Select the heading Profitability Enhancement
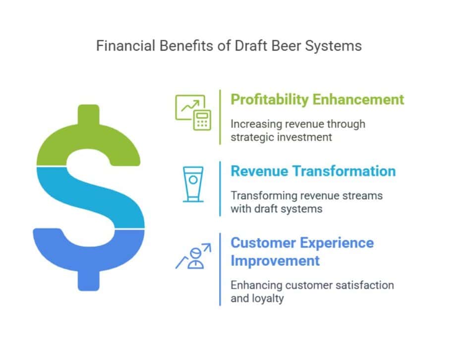click(317, 99)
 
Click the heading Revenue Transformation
click(313, 171)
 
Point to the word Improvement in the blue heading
click(275, 260)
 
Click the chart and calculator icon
click(193, 112)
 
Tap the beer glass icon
click(192, 184)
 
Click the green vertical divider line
click(220, 117)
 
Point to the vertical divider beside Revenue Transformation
click(220, 189)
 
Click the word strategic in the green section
click(252, 137)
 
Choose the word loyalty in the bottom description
click(267, 299)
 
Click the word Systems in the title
click(337, 46)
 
